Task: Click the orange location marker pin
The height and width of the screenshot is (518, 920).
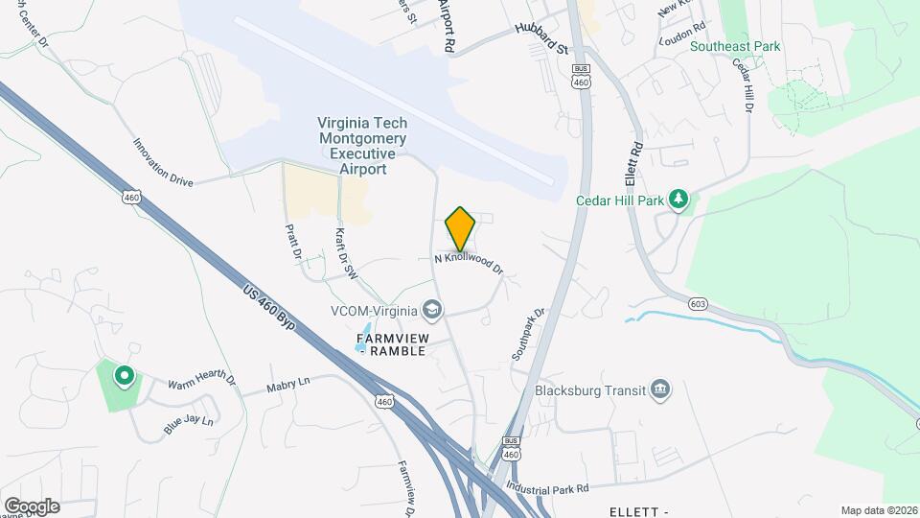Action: [461, 229]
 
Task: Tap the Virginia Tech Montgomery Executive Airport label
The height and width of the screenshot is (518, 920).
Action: [363, 146]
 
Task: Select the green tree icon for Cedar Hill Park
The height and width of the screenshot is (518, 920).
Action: [679, 199]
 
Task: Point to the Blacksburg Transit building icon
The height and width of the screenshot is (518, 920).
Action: [660, 389]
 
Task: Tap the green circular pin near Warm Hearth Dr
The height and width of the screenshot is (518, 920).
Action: [123, 376]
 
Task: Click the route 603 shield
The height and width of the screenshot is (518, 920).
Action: [698, 304]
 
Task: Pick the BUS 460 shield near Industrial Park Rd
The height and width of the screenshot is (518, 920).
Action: [511, 448]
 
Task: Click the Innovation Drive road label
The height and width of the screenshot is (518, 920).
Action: [163, 162]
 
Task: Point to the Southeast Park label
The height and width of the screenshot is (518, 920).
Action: [735, 46]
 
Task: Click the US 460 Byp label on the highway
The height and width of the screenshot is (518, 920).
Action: [268, 307]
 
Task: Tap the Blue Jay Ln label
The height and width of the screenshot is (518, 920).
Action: [188, 423]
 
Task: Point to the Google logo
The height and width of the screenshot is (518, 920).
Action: [32, 506]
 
